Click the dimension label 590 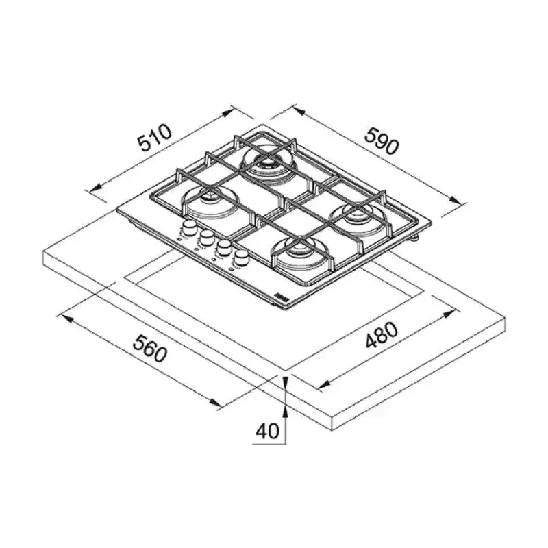click(382, 141)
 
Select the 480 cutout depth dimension click(382, 335)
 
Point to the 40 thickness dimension click(267, 431)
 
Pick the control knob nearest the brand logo click(241, 258)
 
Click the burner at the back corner click(269, 164)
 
